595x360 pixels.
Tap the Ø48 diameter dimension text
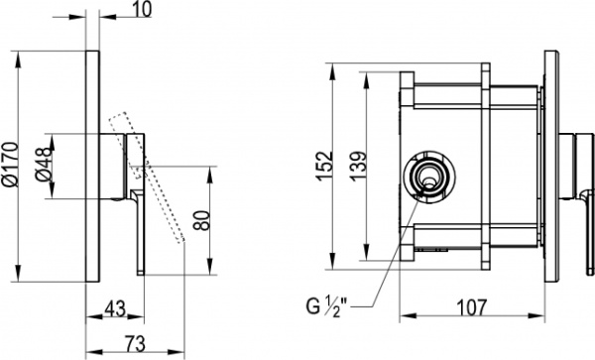43,165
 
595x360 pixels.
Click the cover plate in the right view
548,164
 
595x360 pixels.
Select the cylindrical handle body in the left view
121,165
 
